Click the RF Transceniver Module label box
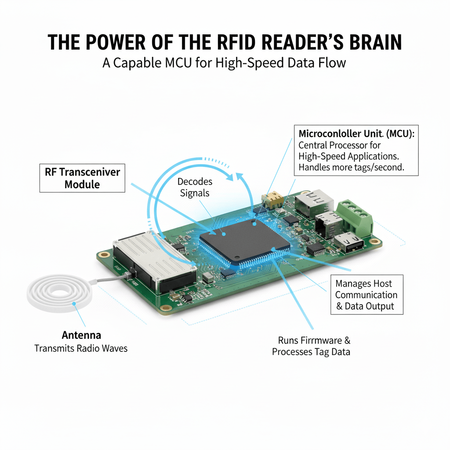click(82, 178)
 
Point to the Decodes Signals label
click(195, 187)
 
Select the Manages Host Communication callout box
click(366, 295)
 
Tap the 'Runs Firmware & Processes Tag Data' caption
click(311, 346)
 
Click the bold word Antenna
click(81, 335)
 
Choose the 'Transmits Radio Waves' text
click(81, 348)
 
